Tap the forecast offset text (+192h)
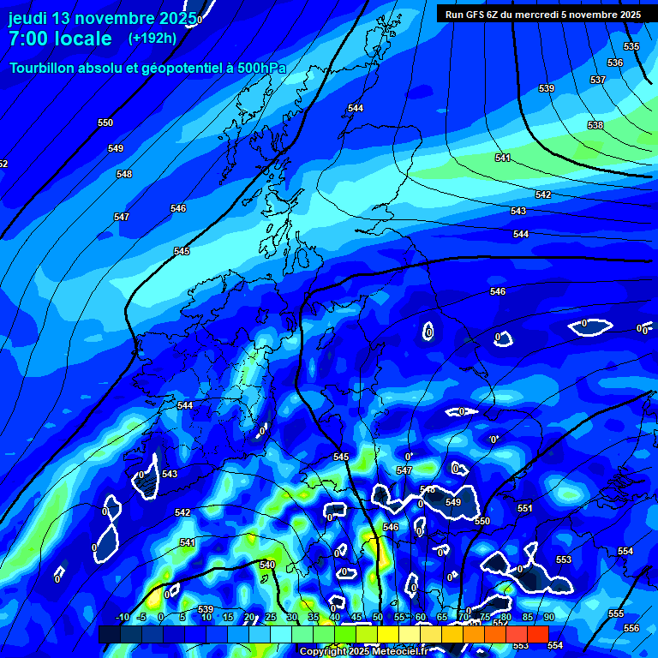(x=153, y=38)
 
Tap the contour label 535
(x=631, y=46)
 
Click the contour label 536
(x=615, y=63)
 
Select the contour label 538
(x=595, y=125)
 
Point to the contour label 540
(x=267, y=565)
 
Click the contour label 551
(x=525, y=508)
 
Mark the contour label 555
(x=616, y=613)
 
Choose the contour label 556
(x=631, y=628)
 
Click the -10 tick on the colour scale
(x=123, y=618)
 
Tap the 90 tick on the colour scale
(x=548, y=618)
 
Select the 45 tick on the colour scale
(x=356, y=618)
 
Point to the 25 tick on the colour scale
(x=271, y=618)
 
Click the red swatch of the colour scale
(x=538, y=634)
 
